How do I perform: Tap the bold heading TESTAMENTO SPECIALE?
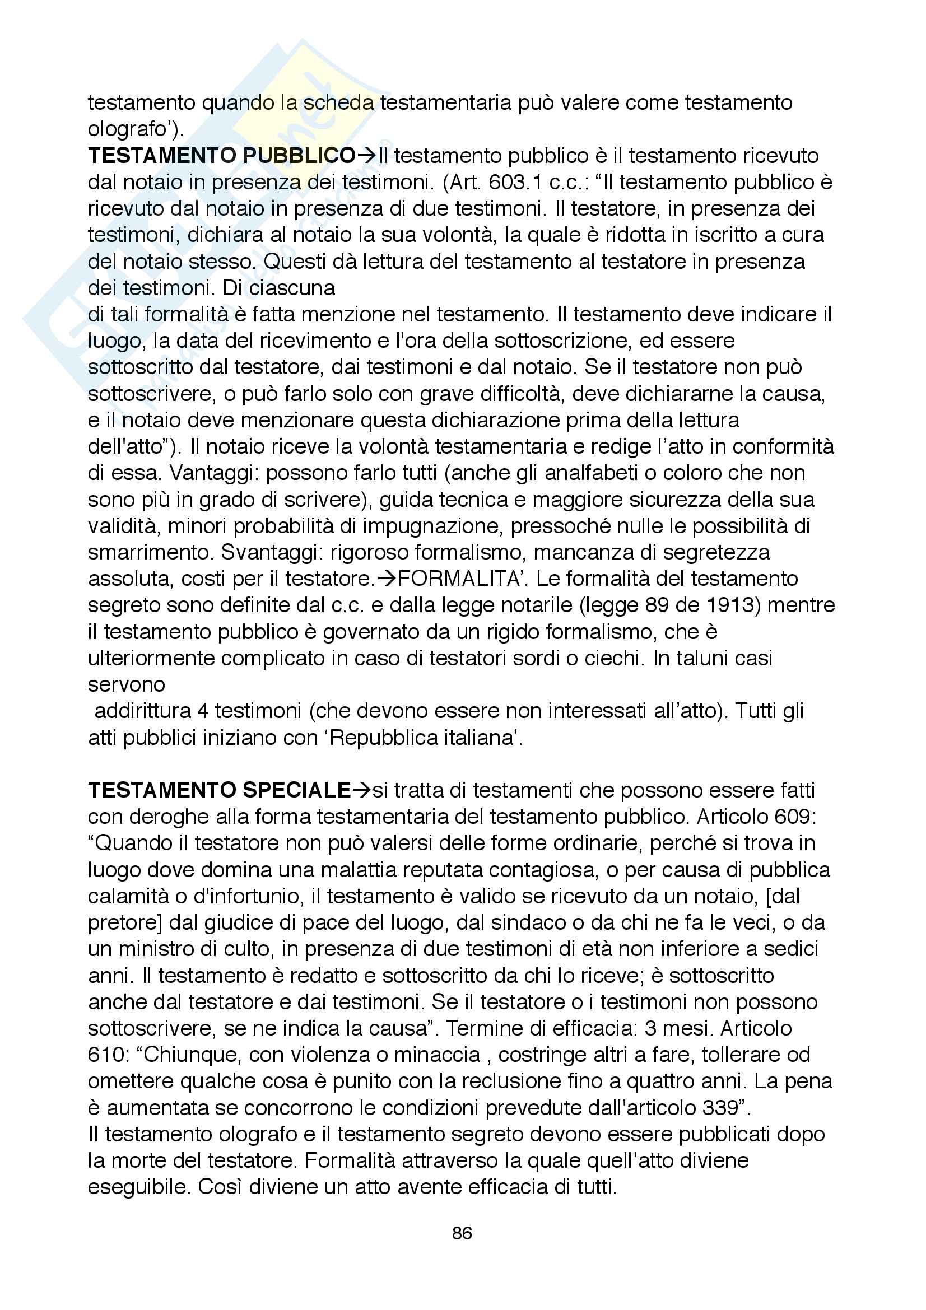[x=219, y=790]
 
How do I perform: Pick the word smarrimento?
[x=151, y=552]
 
